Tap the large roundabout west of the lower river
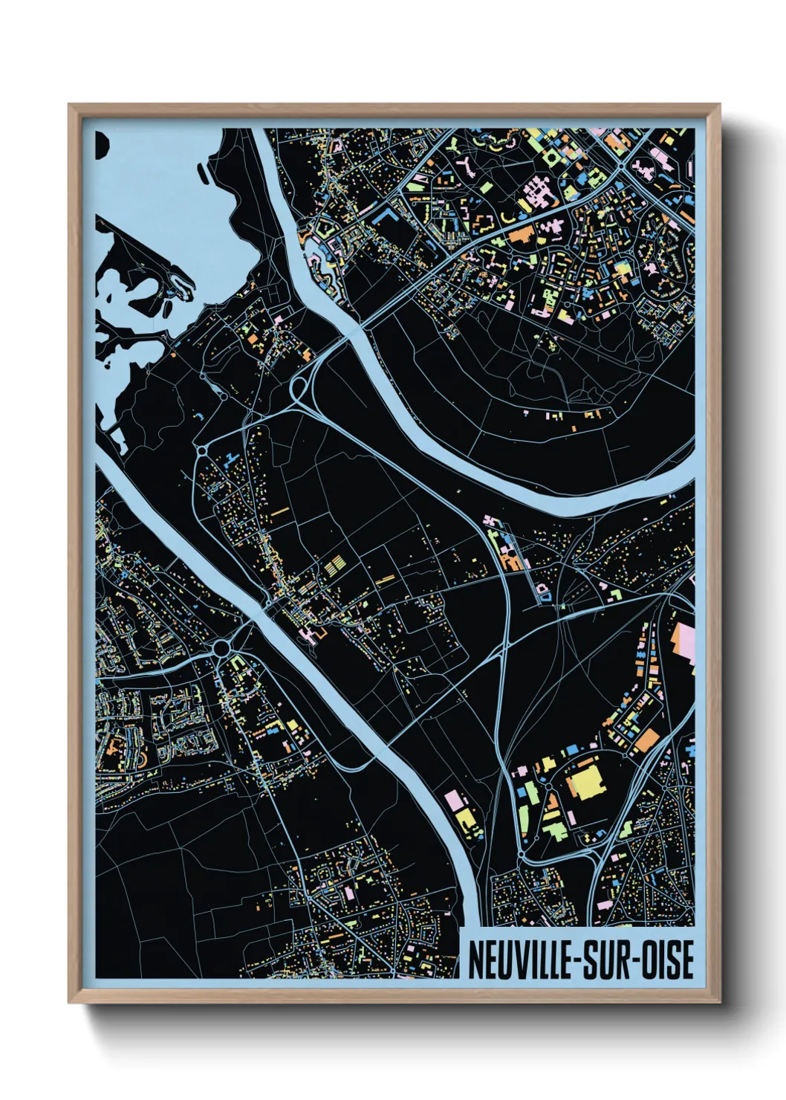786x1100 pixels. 221,650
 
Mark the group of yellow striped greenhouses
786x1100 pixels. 336,568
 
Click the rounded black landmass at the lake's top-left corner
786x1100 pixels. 101,146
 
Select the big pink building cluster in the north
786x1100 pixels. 541,195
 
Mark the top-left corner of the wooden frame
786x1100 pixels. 69,105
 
